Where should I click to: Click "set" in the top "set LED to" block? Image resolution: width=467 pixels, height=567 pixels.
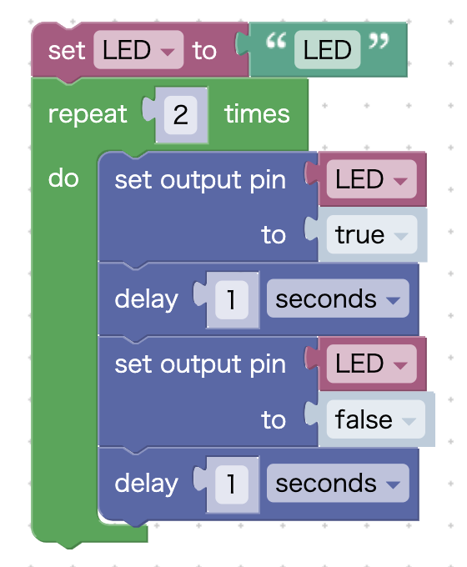67,51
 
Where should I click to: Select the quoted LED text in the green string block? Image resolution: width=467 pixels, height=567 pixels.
327,51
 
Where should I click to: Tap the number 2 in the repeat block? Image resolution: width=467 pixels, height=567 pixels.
180,114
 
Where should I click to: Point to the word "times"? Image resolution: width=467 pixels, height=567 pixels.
257,114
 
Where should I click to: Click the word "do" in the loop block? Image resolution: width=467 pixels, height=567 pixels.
63,178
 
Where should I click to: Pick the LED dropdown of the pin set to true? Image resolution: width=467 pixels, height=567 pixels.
371,180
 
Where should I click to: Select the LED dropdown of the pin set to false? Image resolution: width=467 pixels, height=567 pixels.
371,364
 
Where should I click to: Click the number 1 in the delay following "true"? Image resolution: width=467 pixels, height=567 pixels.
231,299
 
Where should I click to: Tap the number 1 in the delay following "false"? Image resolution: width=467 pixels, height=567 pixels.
231,484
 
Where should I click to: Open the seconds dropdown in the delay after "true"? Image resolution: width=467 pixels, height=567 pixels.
337,299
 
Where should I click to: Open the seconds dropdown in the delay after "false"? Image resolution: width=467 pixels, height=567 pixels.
337,484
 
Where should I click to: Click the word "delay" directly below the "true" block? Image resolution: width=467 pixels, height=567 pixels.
146,299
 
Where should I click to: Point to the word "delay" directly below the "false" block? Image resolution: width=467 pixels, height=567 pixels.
146,484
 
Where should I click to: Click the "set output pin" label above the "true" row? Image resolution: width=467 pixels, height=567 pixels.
200,180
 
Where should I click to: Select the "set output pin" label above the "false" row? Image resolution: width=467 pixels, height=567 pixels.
200,364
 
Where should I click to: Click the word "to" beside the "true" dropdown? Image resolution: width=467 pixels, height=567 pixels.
274,235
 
